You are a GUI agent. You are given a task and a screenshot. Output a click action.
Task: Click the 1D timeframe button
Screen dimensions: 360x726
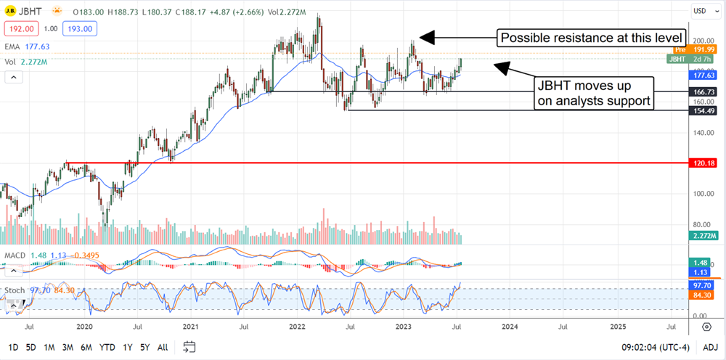pyautogui.click(x=14, y=346)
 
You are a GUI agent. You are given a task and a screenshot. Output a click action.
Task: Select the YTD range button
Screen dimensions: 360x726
pyautogui.click(x=107, y=346)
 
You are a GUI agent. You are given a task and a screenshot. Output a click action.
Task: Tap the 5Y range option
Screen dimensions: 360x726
pyautogui.click(x=145, y=346)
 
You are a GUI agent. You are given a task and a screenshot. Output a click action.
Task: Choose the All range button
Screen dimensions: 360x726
pyautogui.click(x=163, y=346)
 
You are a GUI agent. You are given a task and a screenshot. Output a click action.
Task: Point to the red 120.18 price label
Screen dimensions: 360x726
pyautogui.click(x=705, y=163)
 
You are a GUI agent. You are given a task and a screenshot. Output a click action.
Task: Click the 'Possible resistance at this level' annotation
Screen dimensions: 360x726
pyautogui.click(x=591, y=37)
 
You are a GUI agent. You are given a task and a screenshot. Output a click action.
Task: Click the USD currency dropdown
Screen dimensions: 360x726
pyautogui.click(x=701, y=12)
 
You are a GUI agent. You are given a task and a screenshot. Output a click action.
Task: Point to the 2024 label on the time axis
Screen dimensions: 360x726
pyautogui.click(x=510, y=327)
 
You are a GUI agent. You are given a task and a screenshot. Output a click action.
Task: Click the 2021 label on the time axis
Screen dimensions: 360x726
pyautogui.click(x=190, y=327)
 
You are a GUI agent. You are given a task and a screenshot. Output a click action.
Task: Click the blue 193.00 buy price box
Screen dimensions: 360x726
pyautogui.click(x=78, y=28)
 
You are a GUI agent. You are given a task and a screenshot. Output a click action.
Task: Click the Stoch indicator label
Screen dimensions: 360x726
pyautogui.click(x=15, y=290)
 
